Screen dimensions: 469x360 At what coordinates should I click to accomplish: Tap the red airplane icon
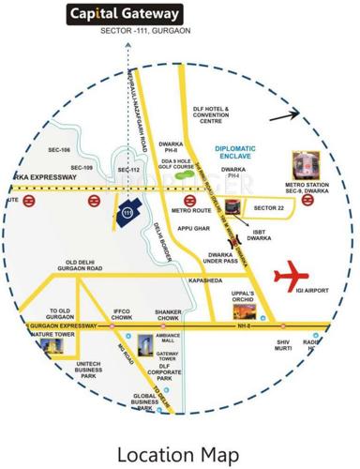coord(291,277)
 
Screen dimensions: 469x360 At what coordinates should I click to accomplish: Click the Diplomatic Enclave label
coord(242,152)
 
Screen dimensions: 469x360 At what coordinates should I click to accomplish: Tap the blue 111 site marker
coord(127,211)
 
